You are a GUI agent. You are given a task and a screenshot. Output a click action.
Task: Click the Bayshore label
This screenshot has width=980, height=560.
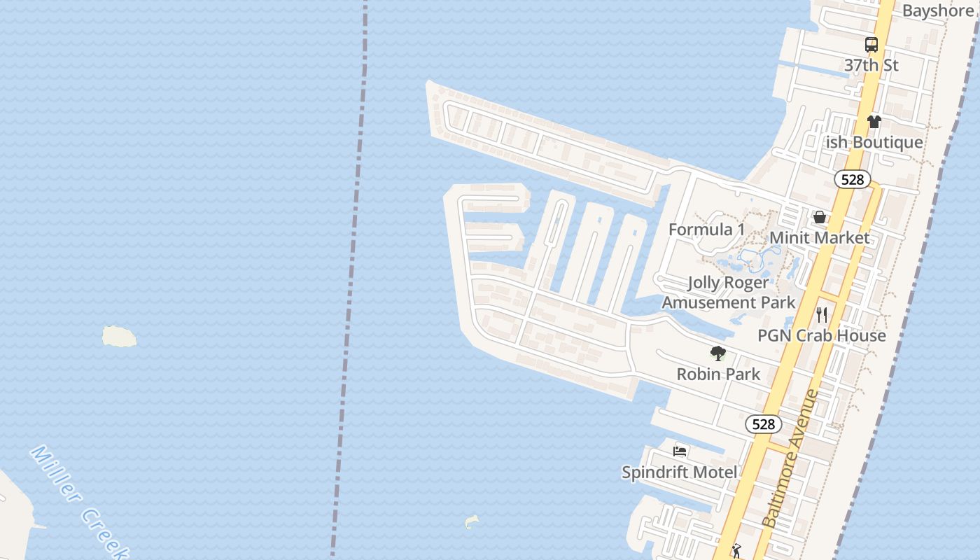937,10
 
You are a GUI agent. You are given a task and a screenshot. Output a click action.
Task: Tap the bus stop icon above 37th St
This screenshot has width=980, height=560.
871,45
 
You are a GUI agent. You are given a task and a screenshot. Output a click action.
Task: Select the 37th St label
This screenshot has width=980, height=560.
871,65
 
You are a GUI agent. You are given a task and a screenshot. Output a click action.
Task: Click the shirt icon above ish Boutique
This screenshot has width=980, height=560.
874,122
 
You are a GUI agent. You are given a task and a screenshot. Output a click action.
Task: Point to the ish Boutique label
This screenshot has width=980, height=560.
874,142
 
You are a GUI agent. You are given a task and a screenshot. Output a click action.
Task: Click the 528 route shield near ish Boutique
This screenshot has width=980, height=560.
853,179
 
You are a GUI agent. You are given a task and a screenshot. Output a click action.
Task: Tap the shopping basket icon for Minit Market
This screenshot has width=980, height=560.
819,217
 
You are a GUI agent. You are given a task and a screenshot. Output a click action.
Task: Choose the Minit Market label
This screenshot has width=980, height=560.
819,237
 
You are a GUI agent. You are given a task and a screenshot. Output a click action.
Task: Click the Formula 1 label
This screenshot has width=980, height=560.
706,230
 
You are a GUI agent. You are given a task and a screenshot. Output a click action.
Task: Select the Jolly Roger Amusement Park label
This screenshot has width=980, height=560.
729,293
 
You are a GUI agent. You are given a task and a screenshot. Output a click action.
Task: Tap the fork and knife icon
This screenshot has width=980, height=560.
822,315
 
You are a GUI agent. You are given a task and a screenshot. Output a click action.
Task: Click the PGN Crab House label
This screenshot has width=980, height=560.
822,335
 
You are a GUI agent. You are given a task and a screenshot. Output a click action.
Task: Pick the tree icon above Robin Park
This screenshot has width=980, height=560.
717,353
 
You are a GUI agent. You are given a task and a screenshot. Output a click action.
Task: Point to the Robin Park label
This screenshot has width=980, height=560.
718,374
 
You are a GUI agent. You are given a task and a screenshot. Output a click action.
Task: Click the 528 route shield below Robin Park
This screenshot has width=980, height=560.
763,424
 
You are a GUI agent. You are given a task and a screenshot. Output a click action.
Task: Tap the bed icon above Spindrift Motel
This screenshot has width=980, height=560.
679,451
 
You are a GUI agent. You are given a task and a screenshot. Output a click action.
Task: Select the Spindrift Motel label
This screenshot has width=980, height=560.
679,472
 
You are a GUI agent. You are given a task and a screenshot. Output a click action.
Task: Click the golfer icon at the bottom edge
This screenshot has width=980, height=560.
736,552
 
